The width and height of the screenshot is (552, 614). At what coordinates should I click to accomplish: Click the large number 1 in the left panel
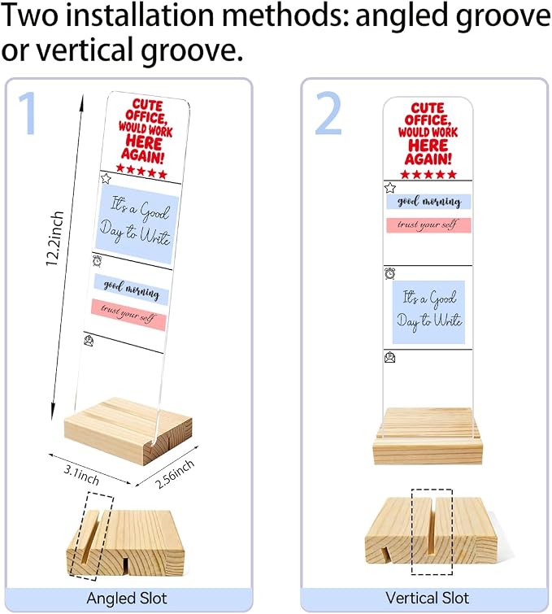(x=28, y=113)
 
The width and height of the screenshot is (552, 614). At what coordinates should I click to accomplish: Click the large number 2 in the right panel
(x=329, y=113)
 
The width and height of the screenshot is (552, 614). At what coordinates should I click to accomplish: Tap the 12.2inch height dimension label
(x=54, y=238)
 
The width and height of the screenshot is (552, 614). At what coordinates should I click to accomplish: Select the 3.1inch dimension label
(x=81, y=474)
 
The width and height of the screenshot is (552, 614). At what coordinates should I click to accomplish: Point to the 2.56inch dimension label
(x=175, y=474)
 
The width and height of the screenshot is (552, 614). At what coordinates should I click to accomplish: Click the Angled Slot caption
(x=127, y=599)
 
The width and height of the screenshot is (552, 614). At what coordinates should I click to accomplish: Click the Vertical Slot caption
(x=427, y=598)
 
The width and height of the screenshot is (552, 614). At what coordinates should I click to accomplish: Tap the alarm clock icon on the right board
(x=390, y=273)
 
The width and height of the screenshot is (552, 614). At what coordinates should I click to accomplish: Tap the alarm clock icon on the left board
(x=97, y=260)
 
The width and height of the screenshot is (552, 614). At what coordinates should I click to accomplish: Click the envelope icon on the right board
(x=390, y=357)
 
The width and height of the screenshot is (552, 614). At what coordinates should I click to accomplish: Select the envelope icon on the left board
(x=89, y=341)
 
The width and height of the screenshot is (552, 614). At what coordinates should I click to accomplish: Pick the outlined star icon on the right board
(x=390, y=188)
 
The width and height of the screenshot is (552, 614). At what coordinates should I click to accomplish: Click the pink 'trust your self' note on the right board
(x=428, y=225)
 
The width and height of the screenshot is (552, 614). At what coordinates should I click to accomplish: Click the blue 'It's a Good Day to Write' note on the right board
(x=428, y=312)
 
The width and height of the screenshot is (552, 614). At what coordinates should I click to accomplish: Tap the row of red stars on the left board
(x=141, y=171)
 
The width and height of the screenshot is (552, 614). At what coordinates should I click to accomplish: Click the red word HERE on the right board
(x=428, y=146)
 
